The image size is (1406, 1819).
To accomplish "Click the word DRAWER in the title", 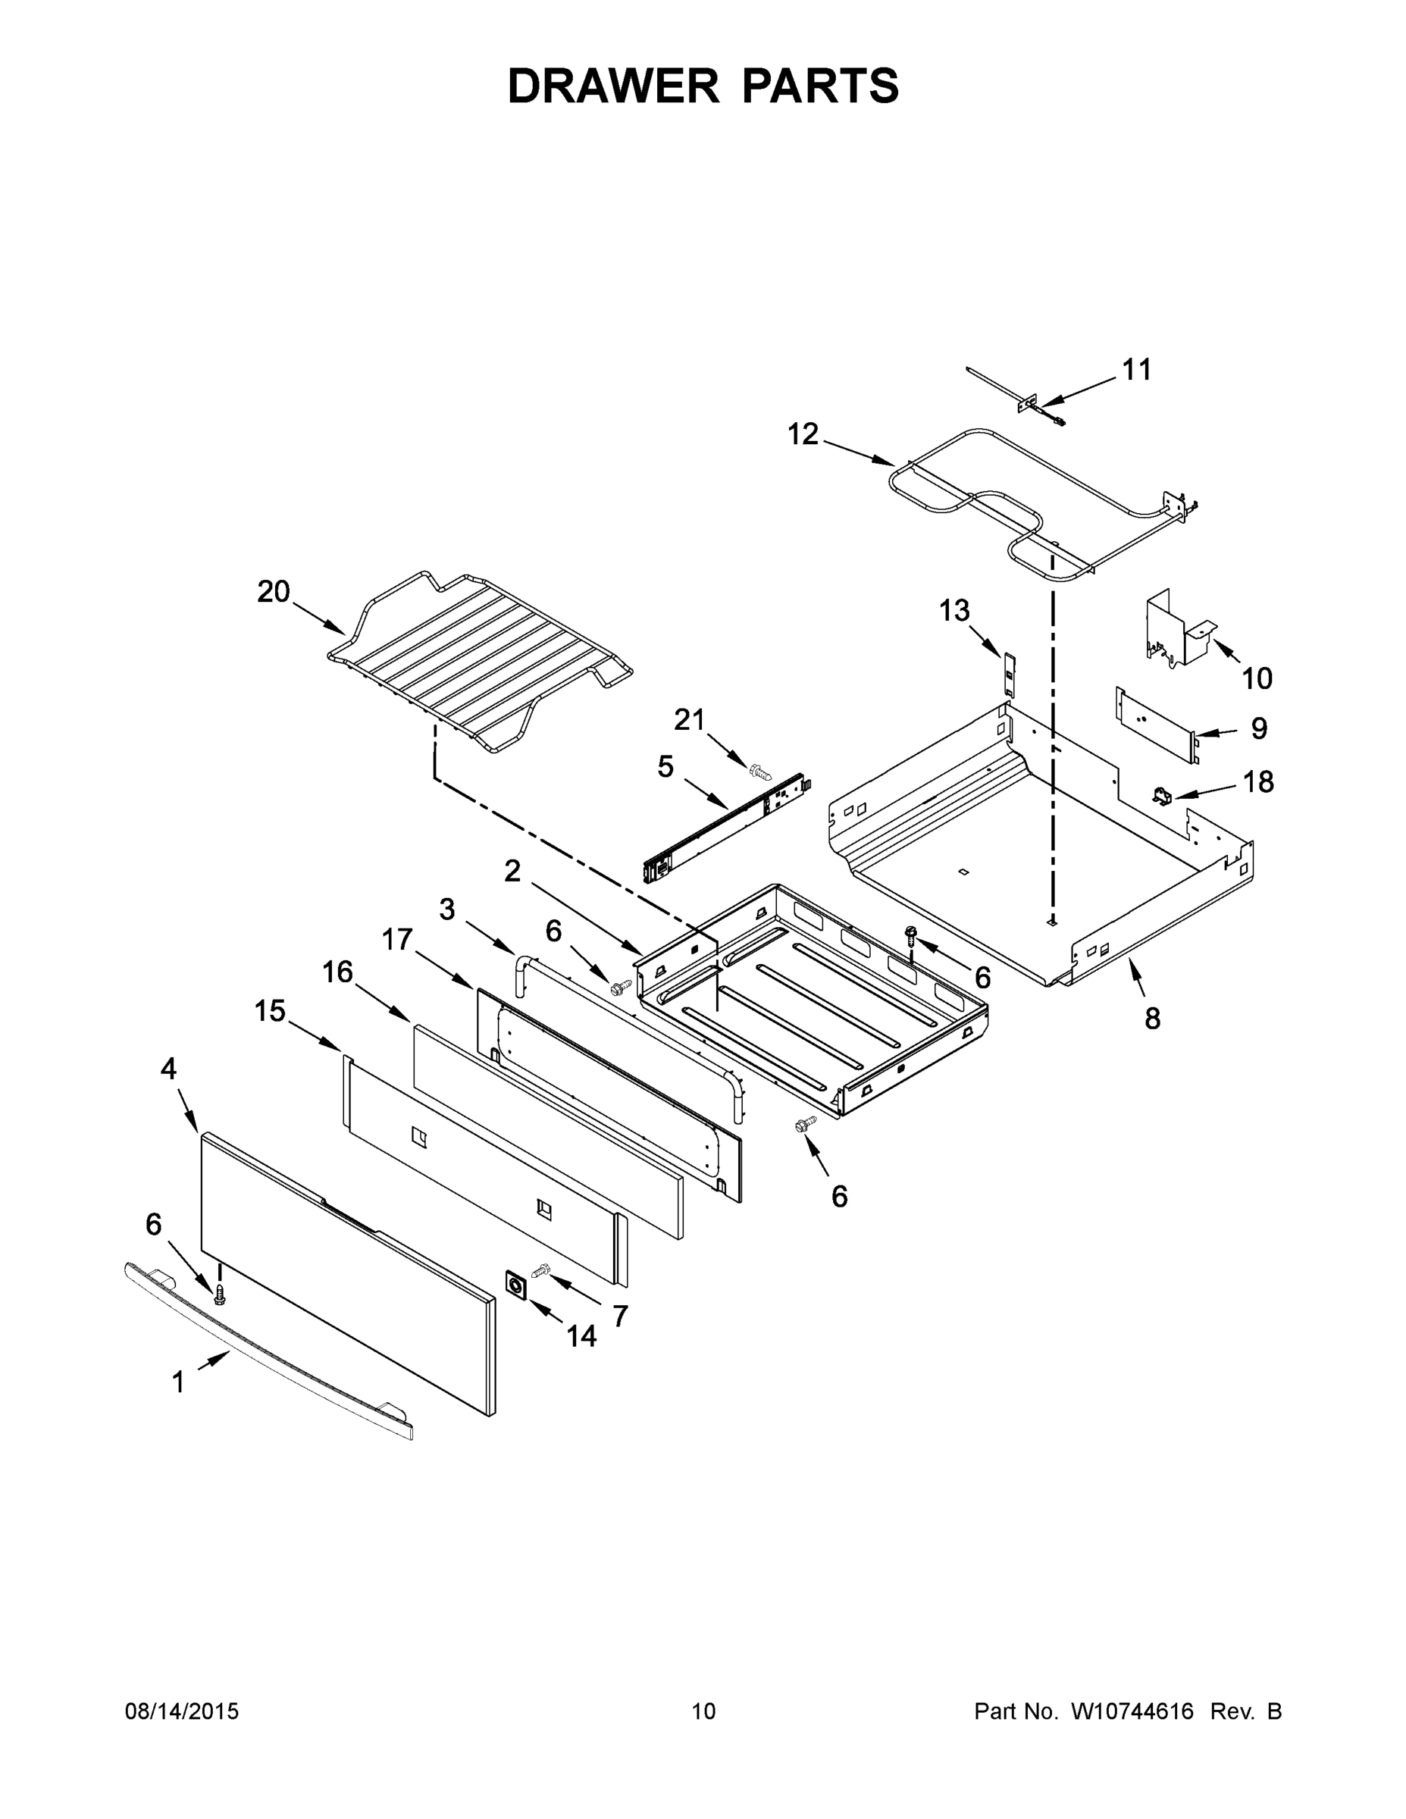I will (612, 86).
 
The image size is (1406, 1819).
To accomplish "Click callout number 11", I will (1136, 370).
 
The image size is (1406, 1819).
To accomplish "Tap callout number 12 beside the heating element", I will (803, 434).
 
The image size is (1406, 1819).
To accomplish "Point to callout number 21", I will (689, 719).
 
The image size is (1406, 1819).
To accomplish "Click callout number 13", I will (954, 610).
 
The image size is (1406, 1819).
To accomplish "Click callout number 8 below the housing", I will (1152, 1018).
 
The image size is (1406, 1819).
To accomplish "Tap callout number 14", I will (581, 1336).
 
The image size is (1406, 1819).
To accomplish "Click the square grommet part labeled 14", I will (516, 1286).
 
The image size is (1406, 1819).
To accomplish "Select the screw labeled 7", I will (541, 1270).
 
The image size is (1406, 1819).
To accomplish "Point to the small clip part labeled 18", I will (1162, 797).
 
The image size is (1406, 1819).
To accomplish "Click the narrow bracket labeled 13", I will (1010, 675).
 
